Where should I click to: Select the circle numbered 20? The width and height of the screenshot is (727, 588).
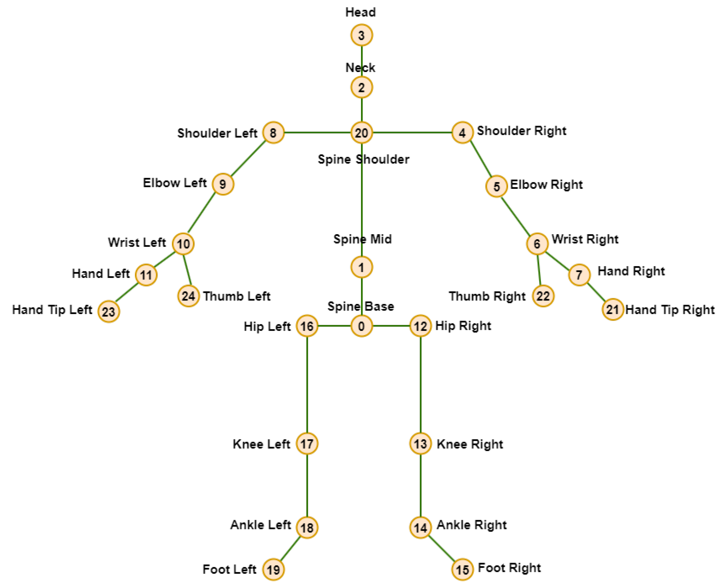tap(361, 132)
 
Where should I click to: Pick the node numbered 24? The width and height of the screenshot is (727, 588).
tap(188, 296)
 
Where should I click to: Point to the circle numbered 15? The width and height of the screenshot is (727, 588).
tap(462, 569)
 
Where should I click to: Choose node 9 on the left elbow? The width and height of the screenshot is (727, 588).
tap(223, 184)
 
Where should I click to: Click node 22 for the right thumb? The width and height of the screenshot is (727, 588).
tap(543, 296)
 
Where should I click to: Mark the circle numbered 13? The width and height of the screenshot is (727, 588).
tap(420, 443)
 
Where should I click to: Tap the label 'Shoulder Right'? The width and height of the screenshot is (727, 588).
tap(521, 131)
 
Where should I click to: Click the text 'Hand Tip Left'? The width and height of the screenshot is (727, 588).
tap(52, 310)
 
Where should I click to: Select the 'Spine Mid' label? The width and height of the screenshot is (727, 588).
tap(362, 239)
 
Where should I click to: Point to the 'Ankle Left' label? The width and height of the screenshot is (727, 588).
tap(260, 525)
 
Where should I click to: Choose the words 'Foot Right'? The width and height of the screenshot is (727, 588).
tap(509, 567)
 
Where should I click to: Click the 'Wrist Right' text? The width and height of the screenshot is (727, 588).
tap(585, 239)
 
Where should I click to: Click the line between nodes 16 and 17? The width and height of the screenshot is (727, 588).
tap(307, 384)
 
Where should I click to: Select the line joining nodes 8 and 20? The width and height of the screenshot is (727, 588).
tap(317, 132)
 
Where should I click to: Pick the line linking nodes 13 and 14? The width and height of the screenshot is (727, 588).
tap(420, 485)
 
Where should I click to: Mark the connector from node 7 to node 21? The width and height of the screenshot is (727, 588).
tap(596, 292)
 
